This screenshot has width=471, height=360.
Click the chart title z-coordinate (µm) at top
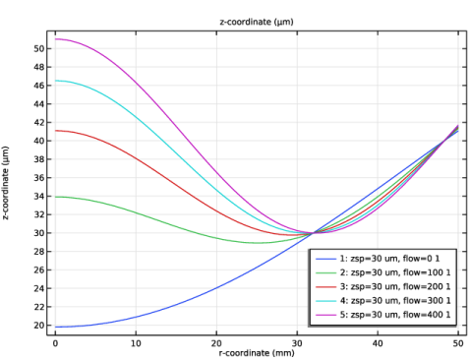257,22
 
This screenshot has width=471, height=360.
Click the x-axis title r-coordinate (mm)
257,353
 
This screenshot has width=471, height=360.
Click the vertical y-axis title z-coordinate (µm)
6,183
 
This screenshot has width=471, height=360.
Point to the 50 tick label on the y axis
38,48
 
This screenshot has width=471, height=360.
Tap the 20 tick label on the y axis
38,326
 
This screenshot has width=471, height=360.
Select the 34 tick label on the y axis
38,197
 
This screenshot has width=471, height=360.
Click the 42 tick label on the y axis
38,123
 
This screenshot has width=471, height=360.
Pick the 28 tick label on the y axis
38,252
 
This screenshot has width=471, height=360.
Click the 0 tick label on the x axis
55,343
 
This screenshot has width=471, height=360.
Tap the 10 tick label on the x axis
136,343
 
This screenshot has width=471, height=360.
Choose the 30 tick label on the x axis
297,343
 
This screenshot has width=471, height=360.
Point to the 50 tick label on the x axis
458,343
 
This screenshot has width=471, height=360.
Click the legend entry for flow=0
378,259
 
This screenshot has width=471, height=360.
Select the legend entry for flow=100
383,272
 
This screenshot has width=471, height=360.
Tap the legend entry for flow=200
383,286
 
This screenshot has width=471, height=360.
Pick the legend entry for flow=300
383,301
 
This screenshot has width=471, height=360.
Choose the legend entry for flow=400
383,315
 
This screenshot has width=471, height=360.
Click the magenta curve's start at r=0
55,39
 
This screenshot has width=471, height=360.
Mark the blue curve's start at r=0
55,327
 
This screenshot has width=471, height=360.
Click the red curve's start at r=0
55,131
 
